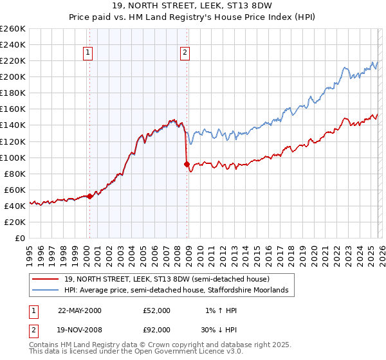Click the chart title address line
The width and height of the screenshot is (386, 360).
coord(193,6)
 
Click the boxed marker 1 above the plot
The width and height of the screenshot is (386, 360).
coord(87,53)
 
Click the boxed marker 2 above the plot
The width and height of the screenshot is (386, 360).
coord(185,53)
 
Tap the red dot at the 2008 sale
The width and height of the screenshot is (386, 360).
coord(187,164)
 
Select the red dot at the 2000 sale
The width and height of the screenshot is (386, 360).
coord(90,196)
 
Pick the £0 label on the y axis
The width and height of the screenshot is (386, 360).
coord(19,238)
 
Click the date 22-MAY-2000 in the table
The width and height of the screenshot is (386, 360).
coord(80,310)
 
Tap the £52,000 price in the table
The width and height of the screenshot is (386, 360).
coord(157,310)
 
